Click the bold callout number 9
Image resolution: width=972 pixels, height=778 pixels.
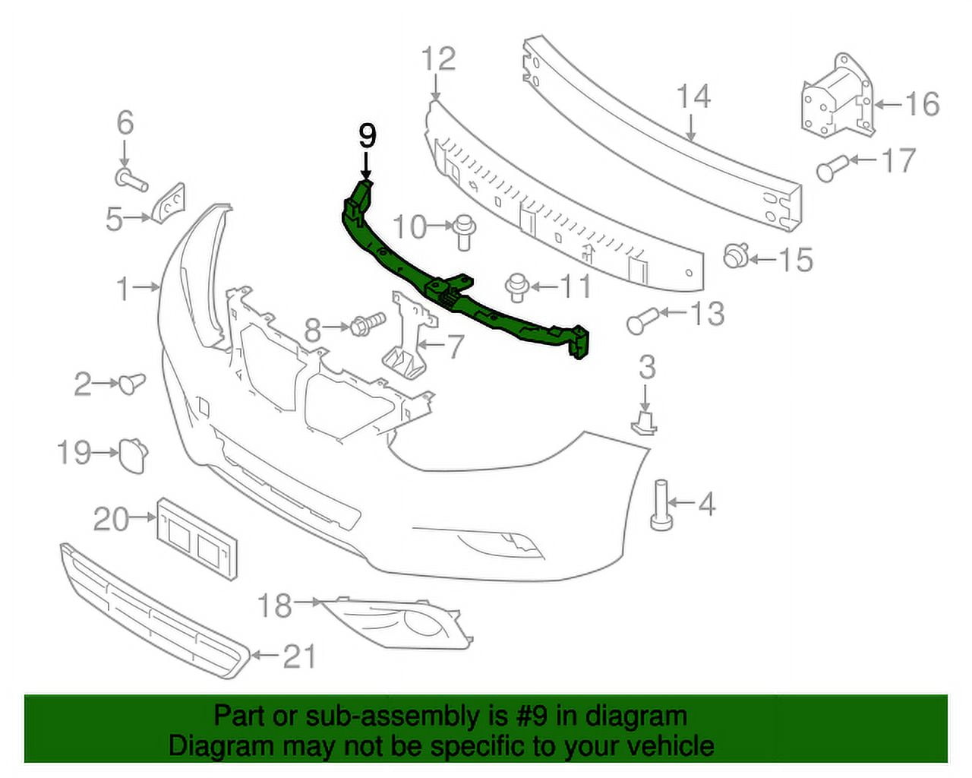367,136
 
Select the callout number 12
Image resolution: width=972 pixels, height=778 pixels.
438,59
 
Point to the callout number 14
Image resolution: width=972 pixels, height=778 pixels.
693,97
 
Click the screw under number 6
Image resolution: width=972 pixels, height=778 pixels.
131,180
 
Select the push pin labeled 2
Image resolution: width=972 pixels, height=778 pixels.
131,382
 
